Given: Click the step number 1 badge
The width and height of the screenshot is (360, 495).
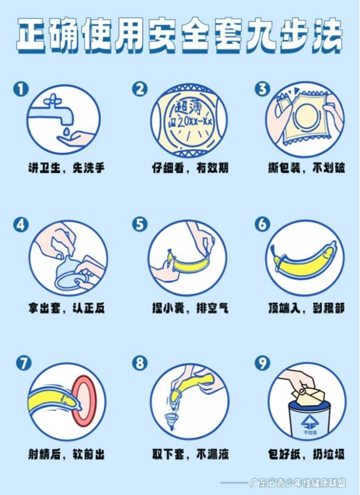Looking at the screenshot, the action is (x=21, y=89).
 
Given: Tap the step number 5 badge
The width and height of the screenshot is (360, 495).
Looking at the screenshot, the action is (x=139, y=225).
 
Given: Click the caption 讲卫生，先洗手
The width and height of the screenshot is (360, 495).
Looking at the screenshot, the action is (x=66, y=168).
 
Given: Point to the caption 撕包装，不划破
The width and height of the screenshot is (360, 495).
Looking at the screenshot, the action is (x=306, y=168).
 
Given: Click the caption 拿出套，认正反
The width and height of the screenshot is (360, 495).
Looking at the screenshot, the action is (x=66, y=308).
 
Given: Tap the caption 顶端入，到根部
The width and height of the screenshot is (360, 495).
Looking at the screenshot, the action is (x=306, y=308).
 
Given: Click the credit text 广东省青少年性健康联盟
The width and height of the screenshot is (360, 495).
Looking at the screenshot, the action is (x=297, y=483).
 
